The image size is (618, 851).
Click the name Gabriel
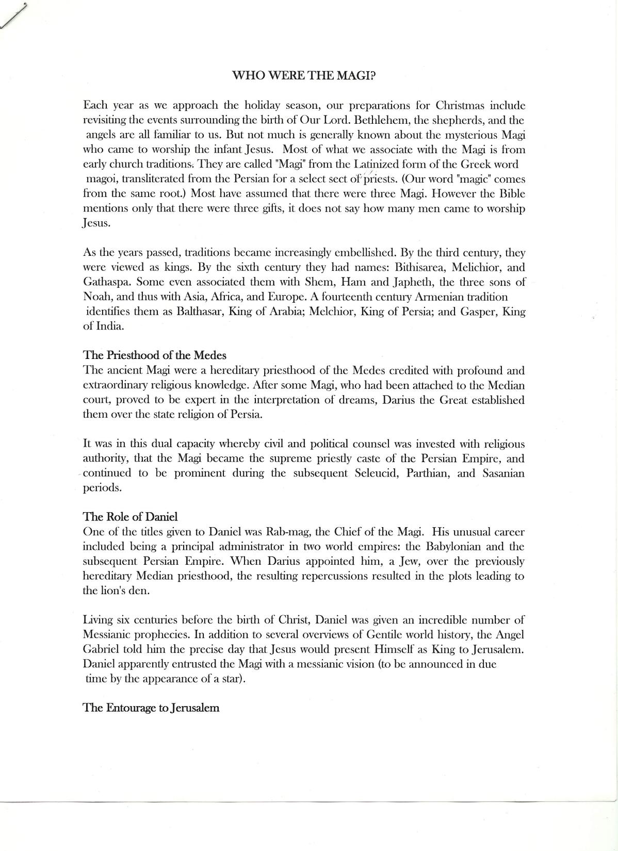[102, 649]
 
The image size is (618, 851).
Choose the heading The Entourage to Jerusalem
[151, 708]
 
